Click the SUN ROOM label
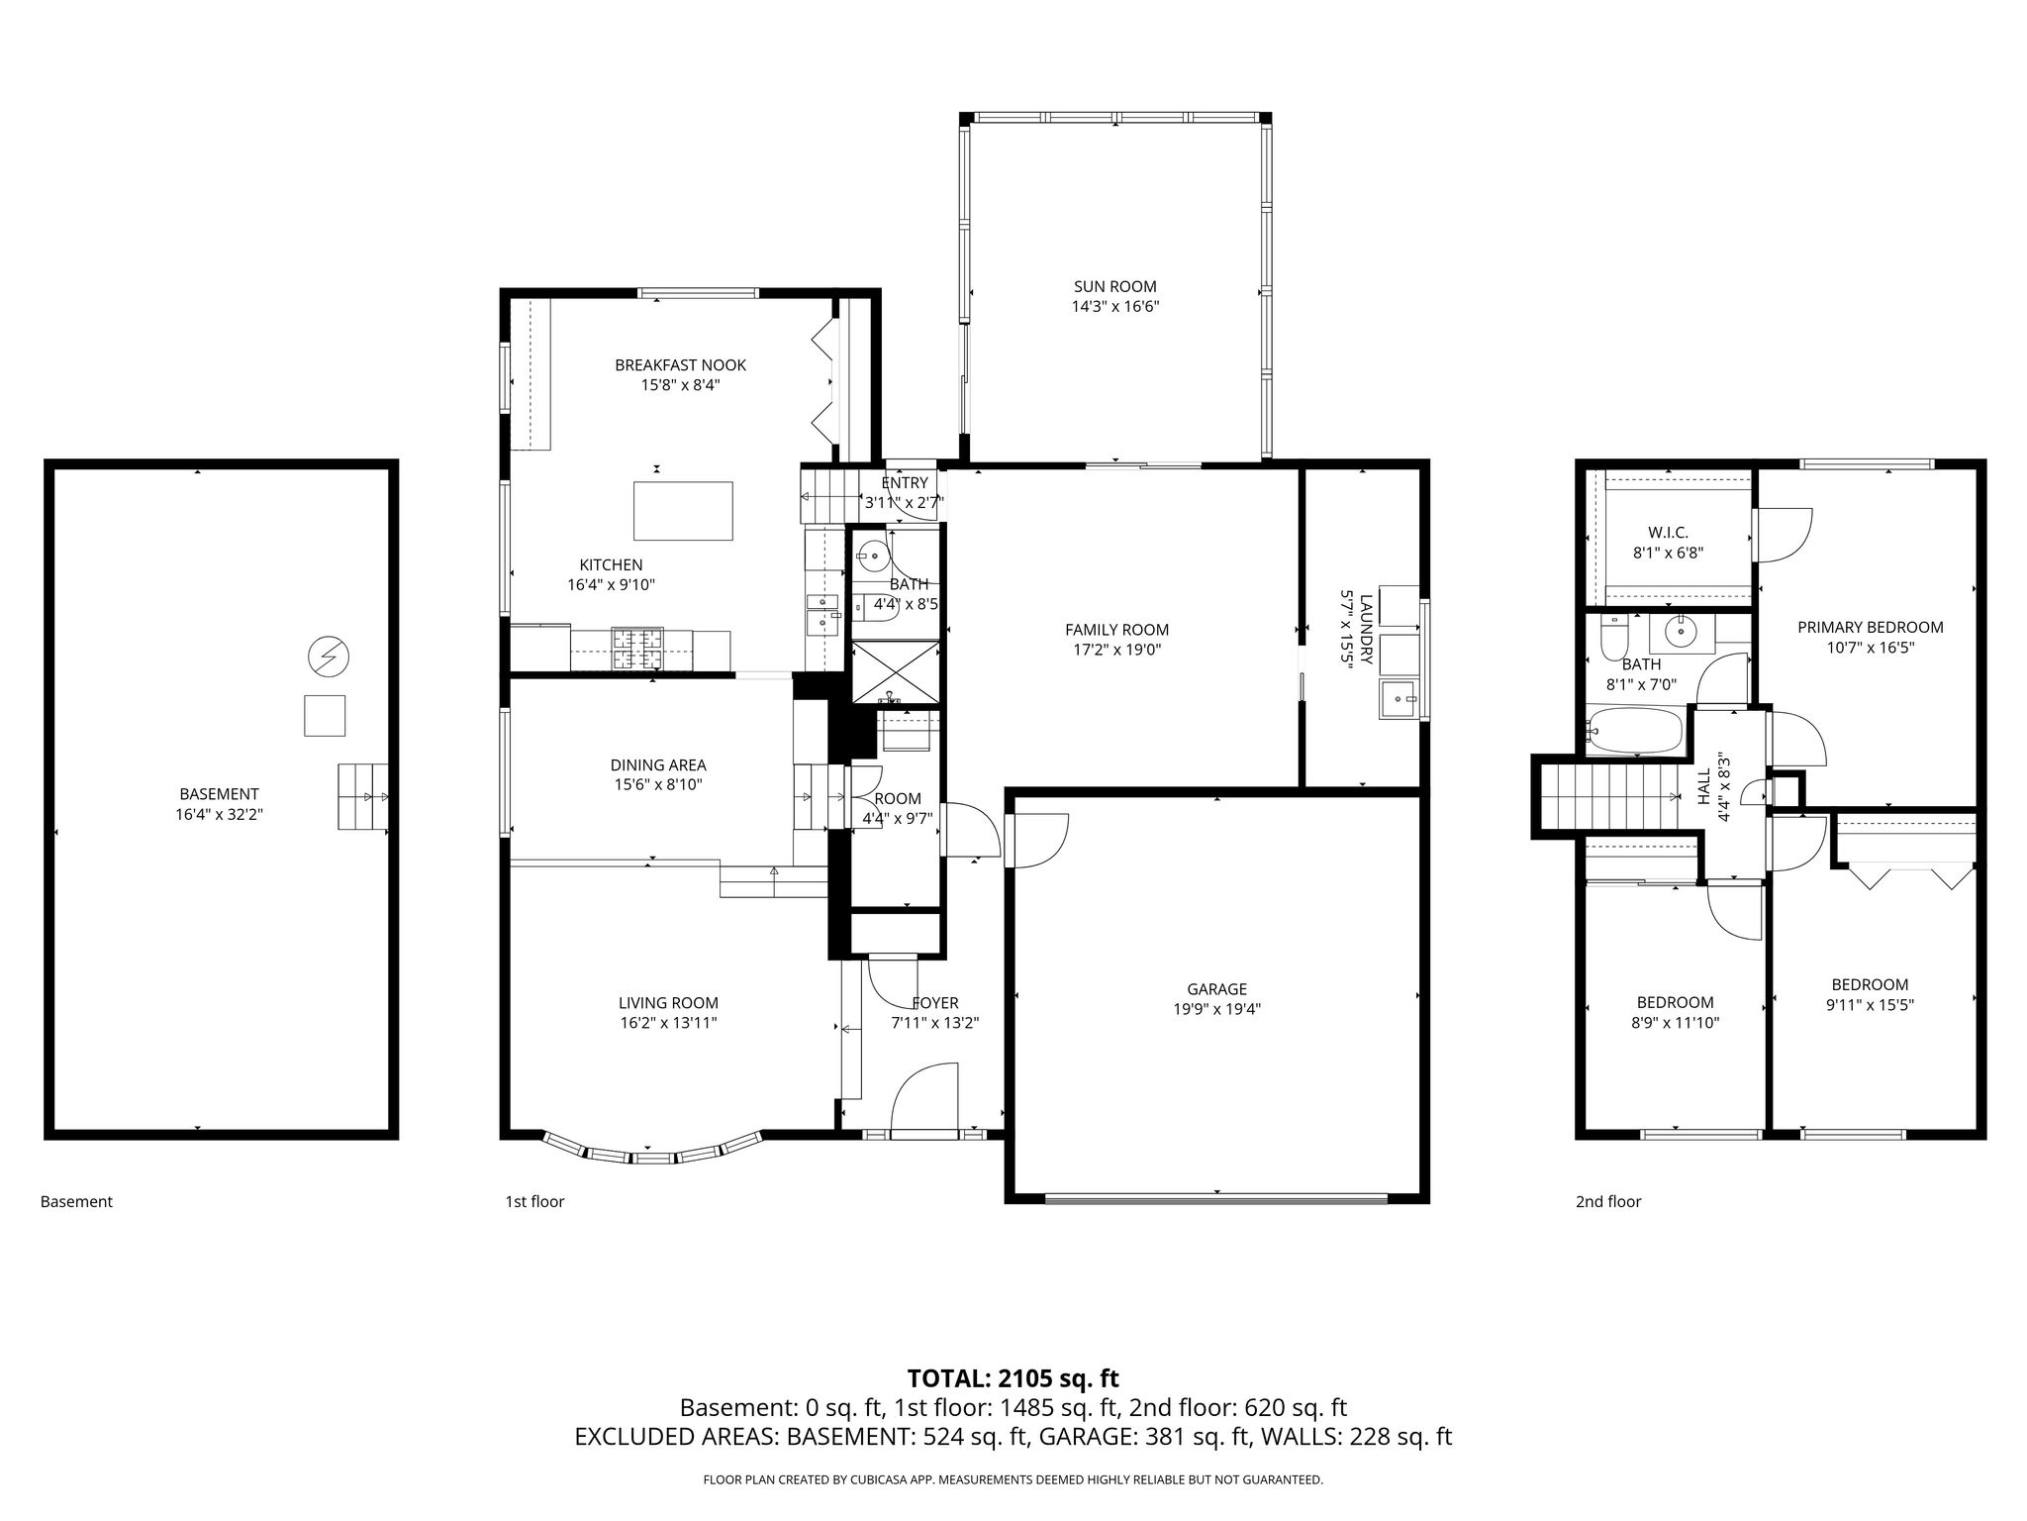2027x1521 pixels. (x=1115, y=287)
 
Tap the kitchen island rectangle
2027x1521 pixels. (x=683, y=511)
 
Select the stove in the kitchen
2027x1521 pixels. (x=638, y=650)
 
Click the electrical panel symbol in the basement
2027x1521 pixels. (x=330, y=656)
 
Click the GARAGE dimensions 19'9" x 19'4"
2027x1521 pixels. (x=1216, y=1010)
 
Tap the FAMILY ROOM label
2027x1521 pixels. (x=1116, y=630)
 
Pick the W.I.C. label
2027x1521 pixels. (x=1668, y=533)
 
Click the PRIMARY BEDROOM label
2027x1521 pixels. (x=1870, y=627)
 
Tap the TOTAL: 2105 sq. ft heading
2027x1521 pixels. (x=1013, y=1378)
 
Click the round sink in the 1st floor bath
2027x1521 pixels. (x=874, y=557)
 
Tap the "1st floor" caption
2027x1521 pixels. (x=534, y=1201)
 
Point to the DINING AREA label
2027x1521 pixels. (x=658, y=764)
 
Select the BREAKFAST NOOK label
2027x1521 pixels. (x=680, y=365)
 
